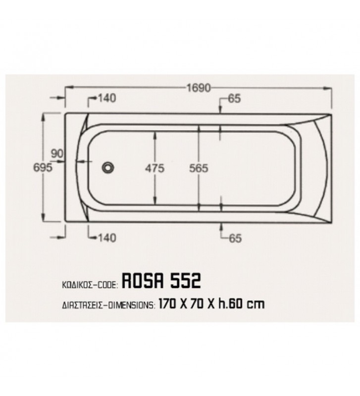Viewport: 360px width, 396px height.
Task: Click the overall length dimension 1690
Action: pos(198,88)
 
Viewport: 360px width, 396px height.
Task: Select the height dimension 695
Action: pos(43,168)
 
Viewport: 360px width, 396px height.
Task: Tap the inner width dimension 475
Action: pos(155,168)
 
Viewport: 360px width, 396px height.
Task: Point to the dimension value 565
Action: pos(199,168)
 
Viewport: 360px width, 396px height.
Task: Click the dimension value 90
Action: pos(57,153)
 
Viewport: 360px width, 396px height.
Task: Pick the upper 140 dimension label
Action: pos(106,98)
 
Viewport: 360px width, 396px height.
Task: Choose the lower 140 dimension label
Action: pos(106,238)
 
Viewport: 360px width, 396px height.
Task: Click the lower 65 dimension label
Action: pos(235,238)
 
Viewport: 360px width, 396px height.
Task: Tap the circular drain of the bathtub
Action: pos(107,168)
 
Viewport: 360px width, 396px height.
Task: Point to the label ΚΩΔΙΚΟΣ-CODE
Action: pos(88,284)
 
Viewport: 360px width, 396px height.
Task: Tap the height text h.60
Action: pos(229,303)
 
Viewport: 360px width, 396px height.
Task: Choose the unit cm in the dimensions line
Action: pos(256,303)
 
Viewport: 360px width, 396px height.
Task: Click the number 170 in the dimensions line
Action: pos(169,303)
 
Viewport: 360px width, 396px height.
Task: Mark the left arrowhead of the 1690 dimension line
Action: pos(68,88)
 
